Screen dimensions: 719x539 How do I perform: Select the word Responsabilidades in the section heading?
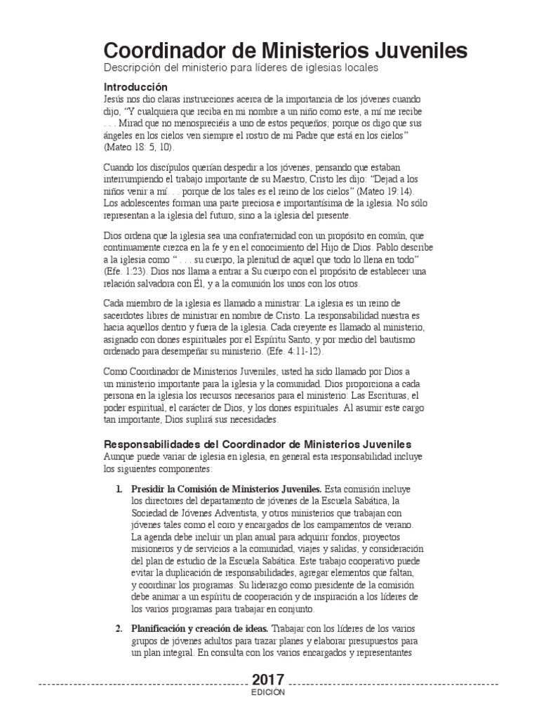pyautogui.click(x=161, y=444)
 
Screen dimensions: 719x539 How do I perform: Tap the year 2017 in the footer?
pyautogui.click(x=268, y=680)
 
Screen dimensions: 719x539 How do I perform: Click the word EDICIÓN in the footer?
pyautogui.click(x=268, y=692)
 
